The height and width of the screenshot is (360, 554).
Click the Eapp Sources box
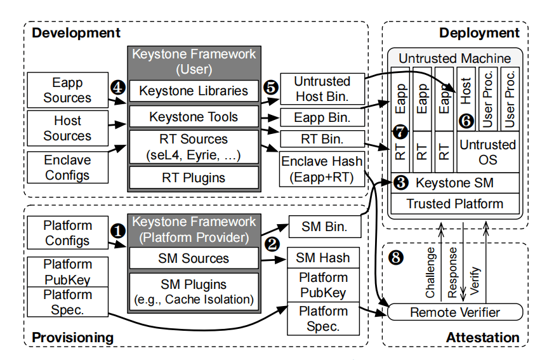tap(67, 90)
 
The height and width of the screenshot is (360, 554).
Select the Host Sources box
tap(67, 128)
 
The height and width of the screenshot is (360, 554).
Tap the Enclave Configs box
tap(67, 168)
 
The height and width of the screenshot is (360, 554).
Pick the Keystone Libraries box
tap(194, 91)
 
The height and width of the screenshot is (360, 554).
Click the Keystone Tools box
tap(194, 117)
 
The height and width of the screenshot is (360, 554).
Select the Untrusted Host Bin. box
tap(322, 90)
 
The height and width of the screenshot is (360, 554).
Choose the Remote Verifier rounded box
tap(454, 312)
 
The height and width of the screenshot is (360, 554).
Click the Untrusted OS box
tap(487, 152)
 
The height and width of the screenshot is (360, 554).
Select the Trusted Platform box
tap(454, 204)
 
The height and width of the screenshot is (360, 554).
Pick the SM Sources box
tap(194, 258)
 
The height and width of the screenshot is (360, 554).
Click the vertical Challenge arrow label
tap(431, 273)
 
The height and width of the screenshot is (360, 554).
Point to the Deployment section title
tap(479, 33)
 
